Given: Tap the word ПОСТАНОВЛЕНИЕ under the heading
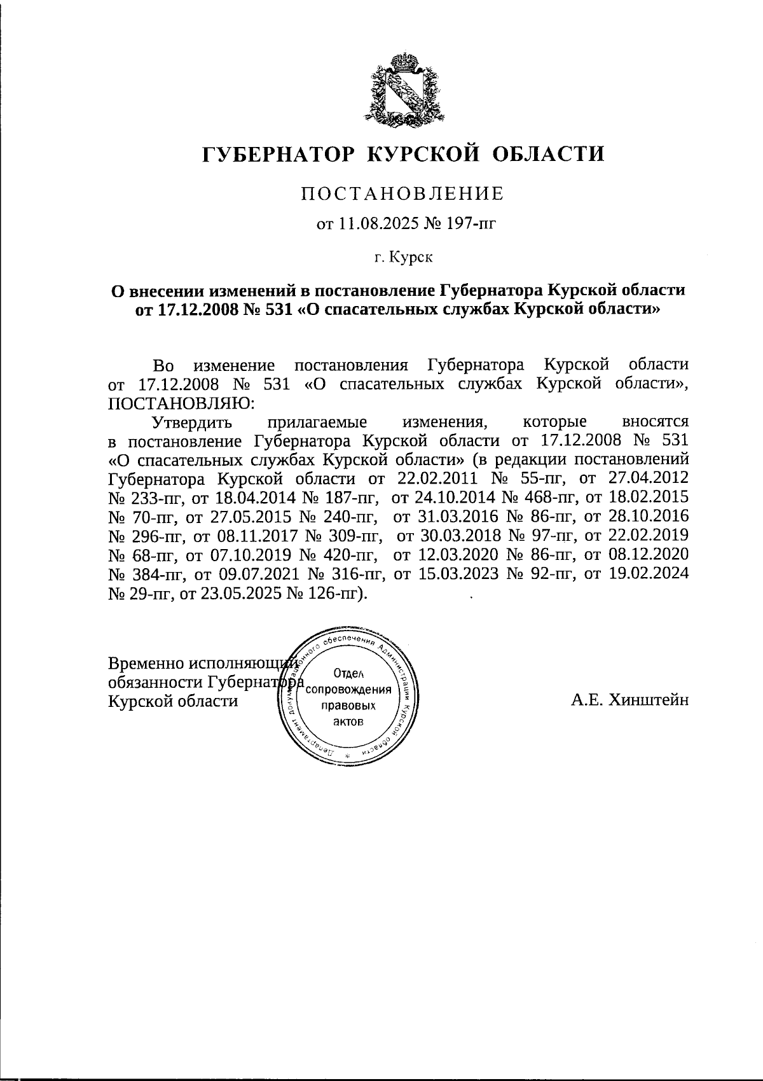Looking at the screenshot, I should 402,194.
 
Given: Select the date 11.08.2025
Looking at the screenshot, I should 369,223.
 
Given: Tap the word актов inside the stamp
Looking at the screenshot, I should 348,722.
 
